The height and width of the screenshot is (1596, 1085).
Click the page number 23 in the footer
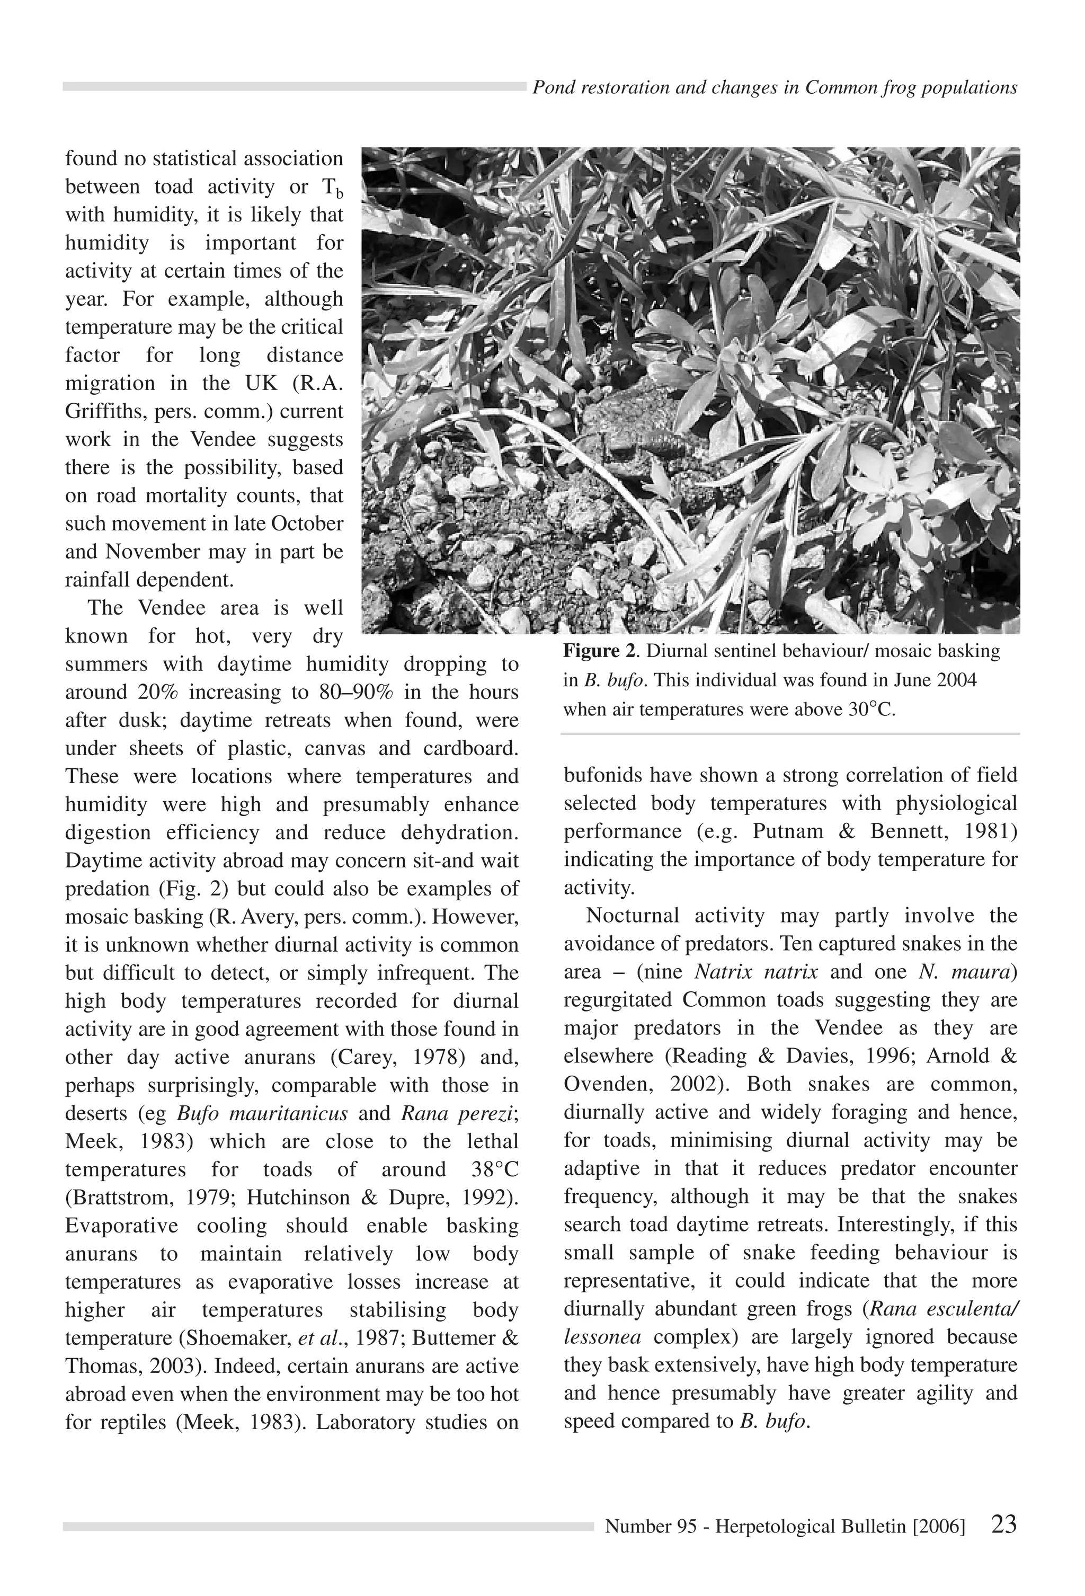(x=1003, y=1524)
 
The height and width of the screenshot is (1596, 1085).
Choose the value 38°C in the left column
(x=494, y=1169)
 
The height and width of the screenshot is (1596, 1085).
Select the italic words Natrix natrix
(x=756, y=972)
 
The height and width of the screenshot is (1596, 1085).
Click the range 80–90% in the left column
(x=357, y=692)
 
